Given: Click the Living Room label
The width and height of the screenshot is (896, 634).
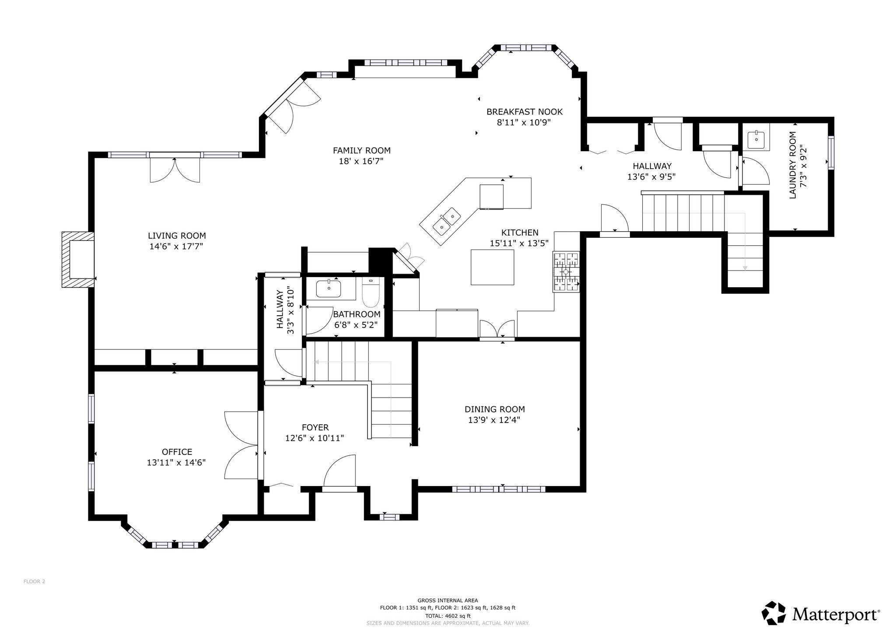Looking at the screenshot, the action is pos(177,236).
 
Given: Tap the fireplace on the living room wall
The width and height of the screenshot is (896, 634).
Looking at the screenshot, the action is pos(78,259).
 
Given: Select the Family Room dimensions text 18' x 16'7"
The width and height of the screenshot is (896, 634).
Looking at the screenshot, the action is pos(361,161).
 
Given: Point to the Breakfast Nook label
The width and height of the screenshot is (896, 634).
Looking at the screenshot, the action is pos(525,112).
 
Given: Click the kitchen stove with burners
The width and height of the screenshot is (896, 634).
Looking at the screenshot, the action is pos(567,272).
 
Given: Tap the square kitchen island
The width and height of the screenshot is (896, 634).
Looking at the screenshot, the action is pos(493,267).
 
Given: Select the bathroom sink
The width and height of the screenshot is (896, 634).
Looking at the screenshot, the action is pos(329,289).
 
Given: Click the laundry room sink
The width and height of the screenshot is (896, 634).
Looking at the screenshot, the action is pos(756,140).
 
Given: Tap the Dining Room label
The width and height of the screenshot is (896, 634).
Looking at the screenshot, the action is pos(494,409).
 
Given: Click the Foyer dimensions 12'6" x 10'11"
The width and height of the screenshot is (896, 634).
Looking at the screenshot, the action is pos(315,438).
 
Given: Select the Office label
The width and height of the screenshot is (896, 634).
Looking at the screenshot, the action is pos(177,452).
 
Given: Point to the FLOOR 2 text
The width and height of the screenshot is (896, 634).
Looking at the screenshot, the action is pos(34,581).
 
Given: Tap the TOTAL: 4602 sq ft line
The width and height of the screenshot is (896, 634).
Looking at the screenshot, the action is pos(448,616).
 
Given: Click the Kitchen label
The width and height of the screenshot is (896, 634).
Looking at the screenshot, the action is pos(520,233).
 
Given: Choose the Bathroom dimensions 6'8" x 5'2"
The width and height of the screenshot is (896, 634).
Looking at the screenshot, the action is pos(356,325).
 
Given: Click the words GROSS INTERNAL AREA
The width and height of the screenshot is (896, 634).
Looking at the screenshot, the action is pos(448,601).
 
